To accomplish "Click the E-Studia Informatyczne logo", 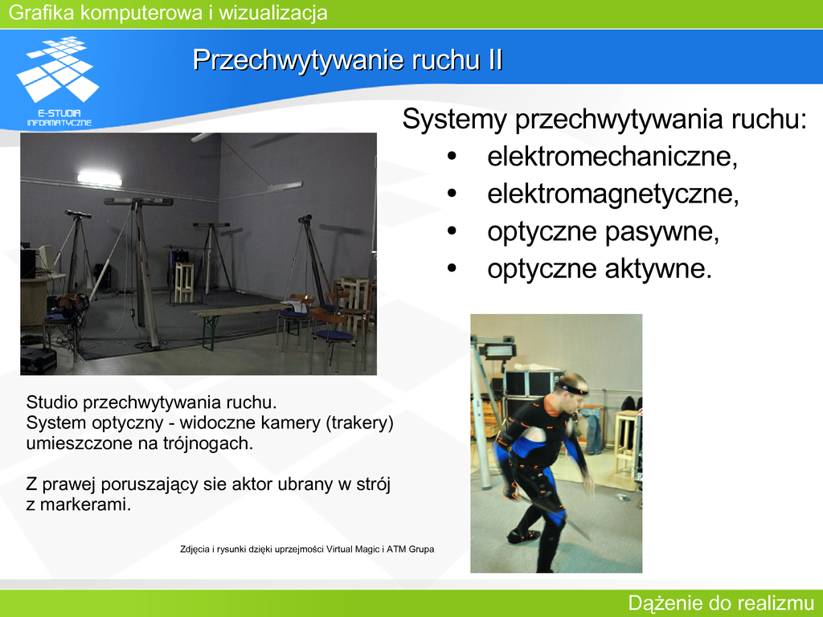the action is click(58, 81).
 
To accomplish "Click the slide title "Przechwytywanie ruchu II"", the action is click(347, 59).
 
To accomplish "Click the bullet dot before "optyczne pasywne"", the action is click(452, 231).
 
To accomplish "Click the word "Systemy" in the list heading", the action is click(455, 120).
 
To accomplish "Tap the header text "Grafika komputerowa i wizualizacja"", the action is click(168, 13).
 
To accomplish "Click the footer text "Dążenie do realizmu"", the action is click(721, 603).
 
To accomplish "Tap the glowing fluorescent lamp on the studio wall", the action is click(99, 179).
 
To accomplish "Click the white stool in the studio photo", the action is click(184, 282).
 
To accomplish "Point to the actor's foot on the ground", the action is click(522, 536).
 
